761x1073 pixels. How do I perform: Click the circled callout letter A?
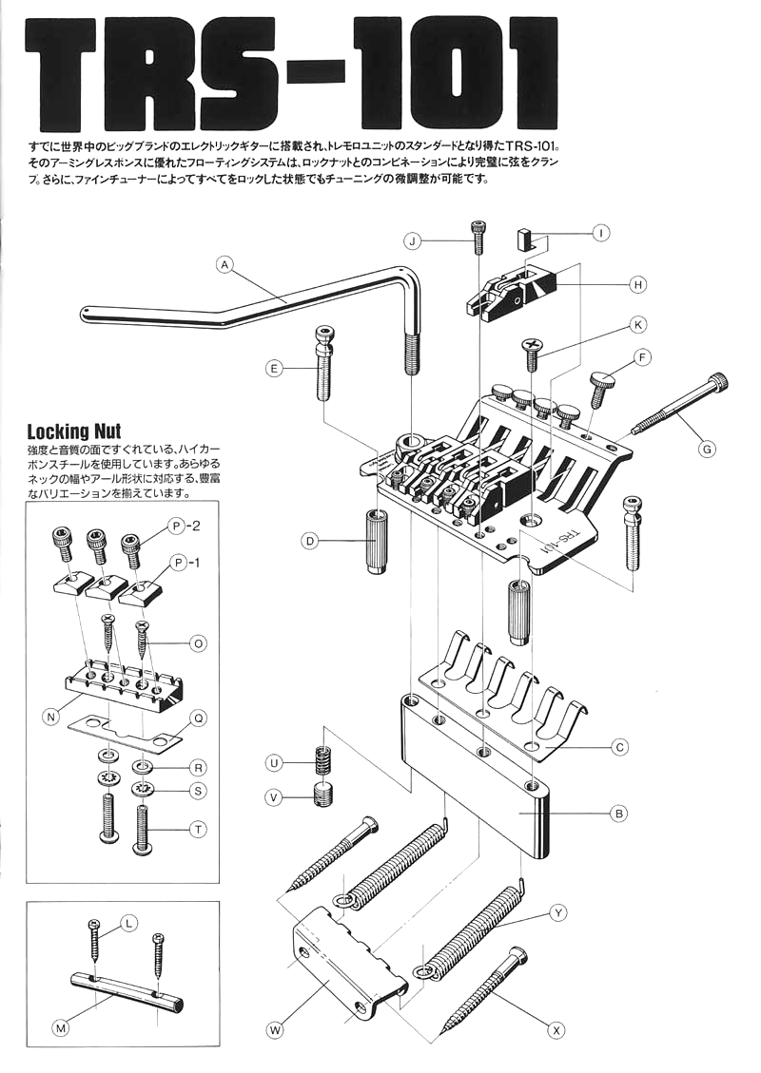coord(224,265)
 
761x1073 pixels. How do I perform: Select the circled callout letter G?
coord(706,446)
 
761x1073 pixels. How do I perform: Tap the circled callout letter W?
coord(275,1029)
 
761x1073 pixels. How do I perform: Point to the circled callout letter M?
coord(61,1026)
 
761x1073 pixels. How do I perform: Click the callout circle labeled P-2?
coord(176,526)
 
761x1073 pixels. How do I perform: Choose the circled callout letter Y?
coord(558,913)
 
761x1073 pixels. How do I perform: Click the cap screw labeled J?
coord(478,235)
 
